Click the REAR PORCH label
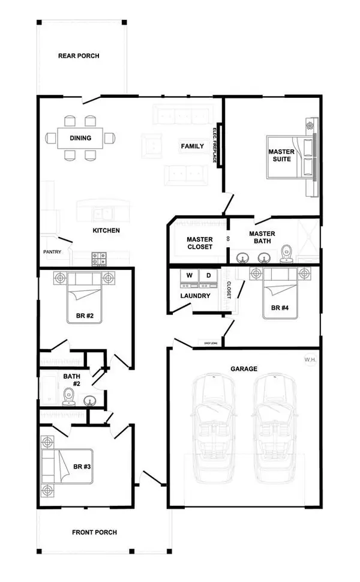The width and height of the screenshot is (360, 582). [x=79, y=56]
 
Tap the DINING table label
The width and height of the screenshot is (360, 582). [x=80, y=139]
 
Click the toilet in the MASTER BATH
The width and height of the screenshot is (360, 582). [x=286, y=255]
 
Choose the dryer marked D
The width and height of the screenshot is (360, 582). [x=209, y=276]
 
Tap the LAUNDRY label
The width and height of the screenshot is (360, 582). [x=195, y=296]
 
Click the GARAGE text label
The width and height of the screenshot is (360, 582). [x=244, y=369]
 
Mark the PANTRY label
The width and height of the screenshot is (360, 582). [x=52, y=253]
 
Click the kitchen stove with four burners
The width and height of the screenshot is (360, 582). [x=98, y=259]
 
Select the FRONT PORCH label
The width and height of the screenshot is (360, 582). [x=94, y=532]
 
